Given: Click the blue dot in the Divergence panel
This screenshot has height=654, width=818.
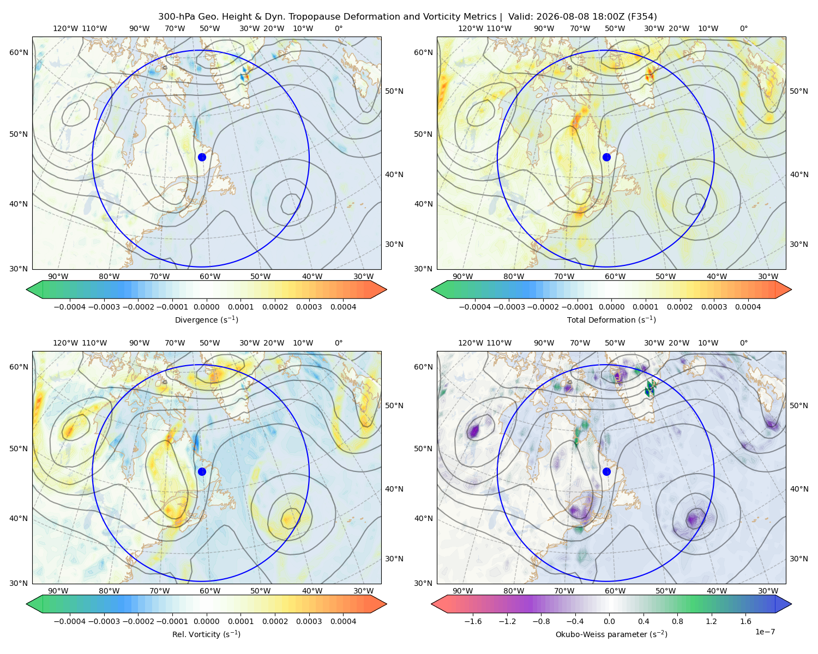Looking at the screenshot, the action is tap(202, 157).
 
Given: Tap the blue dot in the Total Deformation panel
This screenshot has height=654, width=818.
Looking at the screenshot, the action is tap(606, 157).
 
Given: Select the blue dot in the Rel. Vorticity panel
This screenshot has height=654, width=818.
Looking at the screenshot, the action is tap(202, 471).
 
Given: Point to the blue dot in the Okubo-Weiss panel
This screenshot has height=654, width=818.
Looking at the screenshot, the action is tap(606, 471).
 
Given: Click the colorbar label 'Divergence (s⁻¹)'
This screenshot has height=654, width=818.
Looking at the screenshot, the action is tap(206, 319).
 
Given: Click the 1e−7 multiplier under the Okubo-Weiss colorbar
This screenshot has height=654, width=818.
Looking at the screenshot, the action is tap(765, 632).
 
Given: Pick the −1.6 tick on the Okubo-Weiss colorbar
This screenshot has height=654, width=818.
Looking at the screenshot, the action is tap(473, 621).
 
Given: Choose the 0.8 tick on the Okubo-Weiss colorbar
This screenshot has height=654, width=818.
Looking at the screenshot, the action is tap(677, 621).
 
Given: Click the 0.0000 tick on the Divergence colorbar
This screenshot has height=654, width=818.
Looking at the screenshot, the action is tap(206, 307).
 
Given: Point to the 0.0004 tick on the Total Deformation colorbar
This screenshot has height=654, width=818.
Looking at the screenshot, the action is tap(748, 307).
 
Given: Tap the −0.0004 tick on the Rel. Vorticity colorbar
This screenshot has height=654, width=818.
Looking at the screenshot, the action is tap(70, 621).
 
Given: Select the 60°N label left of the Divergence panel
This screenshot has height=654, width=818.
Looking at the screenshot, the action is tap(19, 52).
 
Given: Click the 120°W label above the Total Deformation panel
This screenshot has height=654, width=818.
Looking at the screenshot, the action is tap(470, 28).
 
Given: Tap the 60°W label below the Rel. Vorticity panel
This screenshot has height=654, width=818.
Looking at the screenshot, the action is tap(210, 591).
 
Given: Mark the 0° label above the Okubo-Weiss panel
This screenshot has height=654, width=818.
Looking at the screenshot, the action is tap(743, 343).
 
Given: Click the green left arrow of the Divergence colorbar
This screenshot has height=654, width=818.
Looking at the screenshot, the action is tap(34, 289).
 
